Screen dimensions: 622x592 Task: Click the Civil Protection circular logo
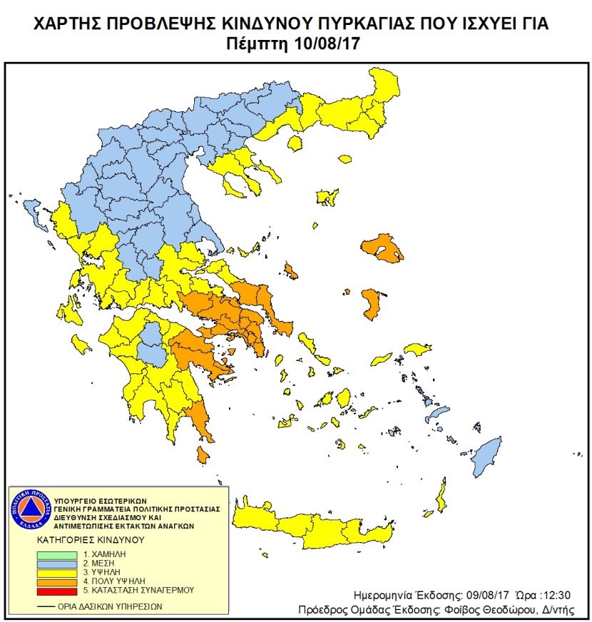(31, 511)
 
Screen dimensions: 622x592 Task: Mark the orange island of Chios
(371, 303)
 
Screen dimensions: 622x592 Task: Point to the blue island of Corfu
(33, 209)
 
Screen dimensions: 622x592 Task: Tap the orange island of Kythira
(203, 454)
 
